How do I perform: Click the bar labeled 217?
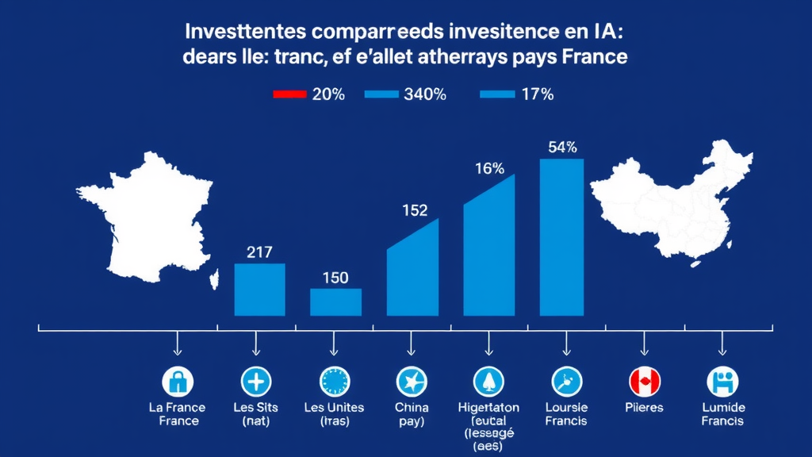tap(259, 290)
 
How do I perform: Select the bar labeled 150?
tap(335, 302)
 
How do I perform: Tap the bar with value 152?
tap(412, 274)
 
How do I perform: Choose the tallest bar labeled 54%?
tap(561, 237)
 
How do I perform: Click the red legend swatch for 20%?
tap(289, 94)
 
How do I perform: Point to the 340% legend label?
tap(425, 94)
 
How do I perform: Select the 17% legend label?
tap(537, 94)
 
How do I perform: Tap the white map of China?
tap(674, 202)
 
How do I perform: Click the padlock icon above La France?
tap(178, 382)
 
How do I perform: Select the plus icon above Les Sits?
tap(255, 382)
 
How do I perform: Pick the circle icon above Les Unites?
tap(334, 382)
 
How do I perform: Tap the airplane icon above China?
tap(411, 382)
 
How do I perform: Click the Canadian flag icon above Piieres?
tap(644, 382)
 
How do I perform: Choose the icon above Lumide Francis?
tap(722, 382)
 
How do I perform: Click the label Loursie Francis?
tap(566, 414)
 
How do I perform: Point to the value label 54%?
tap(562, 147)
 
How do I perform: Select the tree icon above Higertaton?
tap(488, 382)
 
